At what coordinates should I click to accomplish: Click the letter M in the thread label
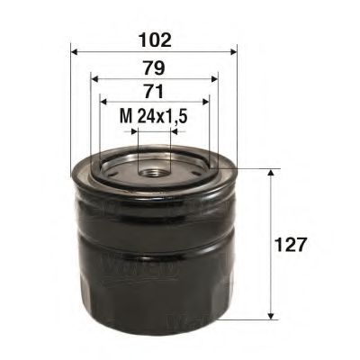[125, 116]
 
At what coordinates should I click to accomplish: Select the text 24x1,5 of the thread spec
[159, 116]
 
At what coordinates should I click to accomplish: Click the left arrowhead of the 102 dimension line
[74, 52]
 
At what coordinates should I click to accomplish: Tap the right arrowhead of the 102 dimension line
[231, 52]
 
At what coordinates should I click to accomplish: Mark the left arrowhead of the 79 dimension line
[94, 76]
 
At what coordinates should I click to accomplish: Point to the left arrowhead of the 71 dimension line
[103, 101]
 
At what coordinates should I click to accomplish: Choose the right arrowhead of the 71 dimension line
[205, 101]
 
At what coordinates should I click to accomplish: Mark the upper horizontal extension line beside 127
[256, 167]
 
